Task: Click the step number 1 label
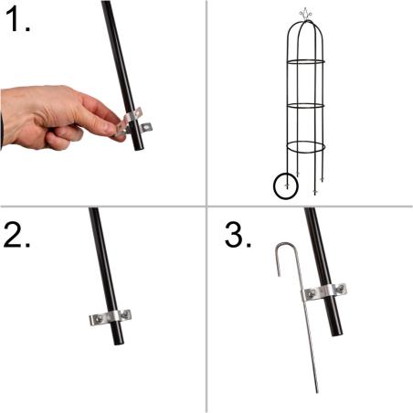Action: [x=17, y=19]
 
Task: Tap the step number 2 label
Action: [x=17, y=234]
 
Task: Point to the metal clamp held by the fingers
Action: [x=134, y=122]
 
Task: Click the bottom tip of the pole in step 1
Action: [x=140, y=149]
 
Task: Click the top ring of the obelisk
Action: [x=305, y=61]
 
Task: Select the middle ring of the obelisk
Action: [x=305, y=106]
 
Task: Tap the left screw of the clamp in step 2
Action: [x=99, y=319]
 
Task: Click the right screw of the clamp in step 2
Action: [x=125, y=314]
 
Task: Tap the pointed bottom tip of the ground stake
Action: [x=317, y=392]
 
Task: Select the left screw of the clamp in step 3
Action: [x=310, y=294]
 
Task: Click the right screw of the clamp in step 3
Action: [x=341, y=288]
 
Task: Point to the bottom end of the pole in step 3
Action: [x=337, y=334]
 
